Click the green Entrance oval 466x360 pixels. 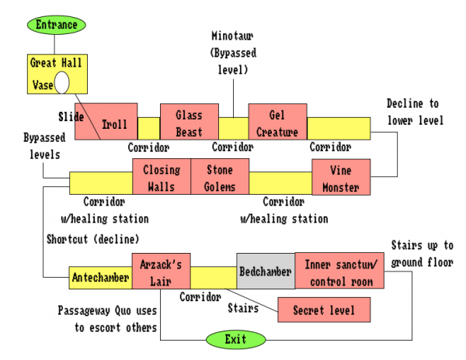57,25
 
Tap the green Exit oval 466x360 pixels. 235,340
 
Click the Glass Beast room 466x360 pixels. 189,121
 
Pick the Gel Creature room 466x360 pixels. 277,121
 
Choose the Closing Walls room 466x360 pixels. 162,176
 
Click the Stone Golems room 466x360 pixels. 218,176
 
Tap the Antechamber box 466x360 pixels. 100,276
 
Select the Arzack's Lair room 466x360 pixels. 161,271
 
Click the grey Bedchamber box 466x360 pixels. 265,272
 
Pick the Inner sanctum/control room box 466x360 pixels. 338,271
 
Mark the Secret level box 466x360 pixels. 324,310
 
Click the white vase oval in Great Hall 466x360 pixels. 62,81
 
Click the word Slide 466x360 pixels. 71,116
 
